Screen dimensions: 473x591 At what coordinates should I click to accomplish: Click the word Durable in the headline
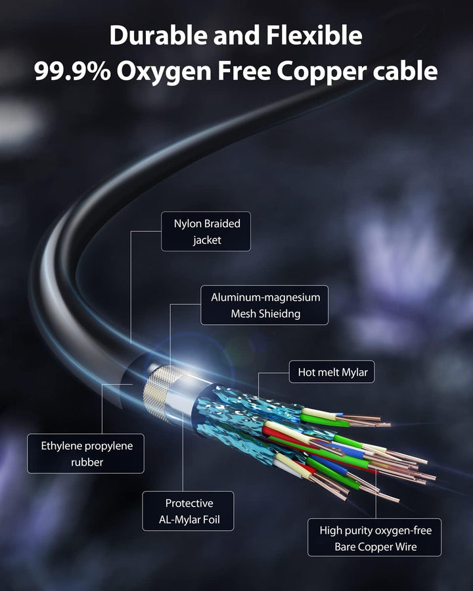click(159, 35)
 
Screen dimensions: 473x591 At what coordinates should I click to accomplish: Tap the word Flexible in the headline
click(314, 35)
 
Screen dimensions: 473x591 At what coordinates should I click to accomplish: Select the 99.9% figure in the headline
click(72, 70)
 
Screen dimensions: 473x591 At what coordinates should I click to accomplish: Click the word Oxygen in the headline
click(164, 72)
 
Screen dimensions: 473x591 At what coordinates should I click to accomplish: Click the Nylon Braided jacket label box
click(206, 231)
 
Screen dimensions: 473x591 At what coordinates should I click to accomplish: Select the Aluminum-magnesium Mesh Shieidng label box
click(264, 305)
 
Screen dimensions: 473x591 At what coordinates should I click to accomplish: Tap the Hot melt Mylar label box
click(332, 372)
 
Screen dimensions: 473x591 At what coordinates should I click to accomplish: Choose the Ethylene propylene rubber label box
click(85, 453)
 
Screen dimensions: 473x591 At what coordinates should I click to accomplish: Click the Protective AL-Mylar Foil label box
click(188, 511)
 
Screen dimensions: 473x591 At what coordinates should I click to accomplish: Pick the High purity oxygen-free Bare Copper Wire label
click(374, 537)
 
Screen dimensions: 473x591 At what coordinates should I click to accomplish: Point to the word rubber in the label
click(87, 462)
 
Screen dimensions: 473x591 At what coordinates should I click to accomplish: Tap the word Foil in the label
click(212, 520)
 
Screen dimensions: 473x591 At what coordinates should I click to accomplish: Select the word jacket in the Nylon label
click(207, 240)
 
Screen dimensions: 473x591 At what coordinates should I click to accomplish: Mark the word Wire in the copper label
click(407, 546)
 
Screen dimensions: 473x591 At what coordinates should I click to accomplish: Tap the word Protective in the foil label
click(189, 503)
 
